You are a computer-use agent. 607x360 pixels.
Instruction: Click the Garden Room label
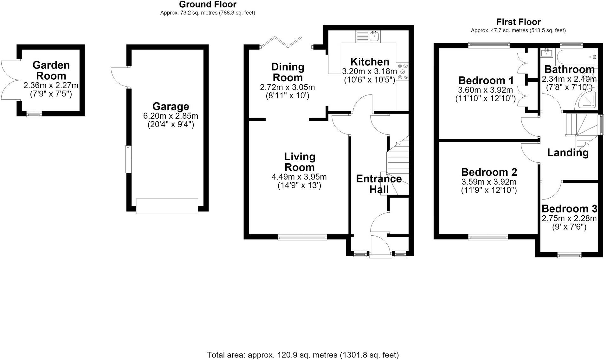tap(51, 70)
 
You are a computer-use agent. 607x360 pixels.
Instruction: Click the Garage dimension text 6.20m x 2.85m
tap(171, 116)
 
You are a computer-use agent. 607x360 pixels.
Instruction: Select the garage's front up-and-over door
tap(167, 206)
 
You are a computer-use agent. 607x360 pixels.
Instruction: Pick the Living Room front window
tap(302, 237)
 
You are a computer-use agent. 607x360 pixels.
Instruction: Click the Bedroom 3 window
tap(570, 255)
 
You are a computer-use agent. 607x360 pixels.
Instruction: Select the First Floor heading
tap(518, 22)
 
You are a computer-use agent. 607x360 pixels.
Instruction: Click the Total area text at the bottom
tap(303, 355)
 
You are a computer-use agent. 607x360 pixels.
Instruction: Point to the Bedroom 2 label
tap(489, 172)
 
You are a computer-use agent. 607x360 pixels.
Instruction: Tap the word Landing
tap(568, 153)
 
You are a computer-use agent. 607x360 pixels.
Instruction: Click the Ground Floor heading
tap(208, 4)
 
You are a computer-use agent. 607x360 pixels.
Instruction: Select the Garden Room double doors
tap(10, 80)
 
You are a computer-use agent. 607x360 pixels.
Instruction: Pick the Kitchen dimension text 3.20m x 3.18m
tap(370, 71)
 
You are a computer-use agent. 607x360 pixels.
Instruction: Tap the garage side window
tap(128, 159)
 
